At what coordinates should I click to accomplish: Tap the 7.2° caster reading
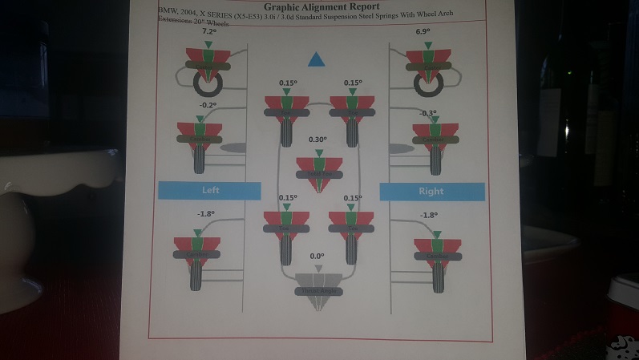pos(209,32)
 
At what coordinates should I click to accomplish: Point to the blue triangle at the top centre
pos(316,59)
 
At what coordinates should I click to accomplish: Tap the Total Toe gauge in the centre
pos(319,170)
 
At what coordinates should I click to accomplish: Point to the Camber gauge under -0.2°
pos(201,136)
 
